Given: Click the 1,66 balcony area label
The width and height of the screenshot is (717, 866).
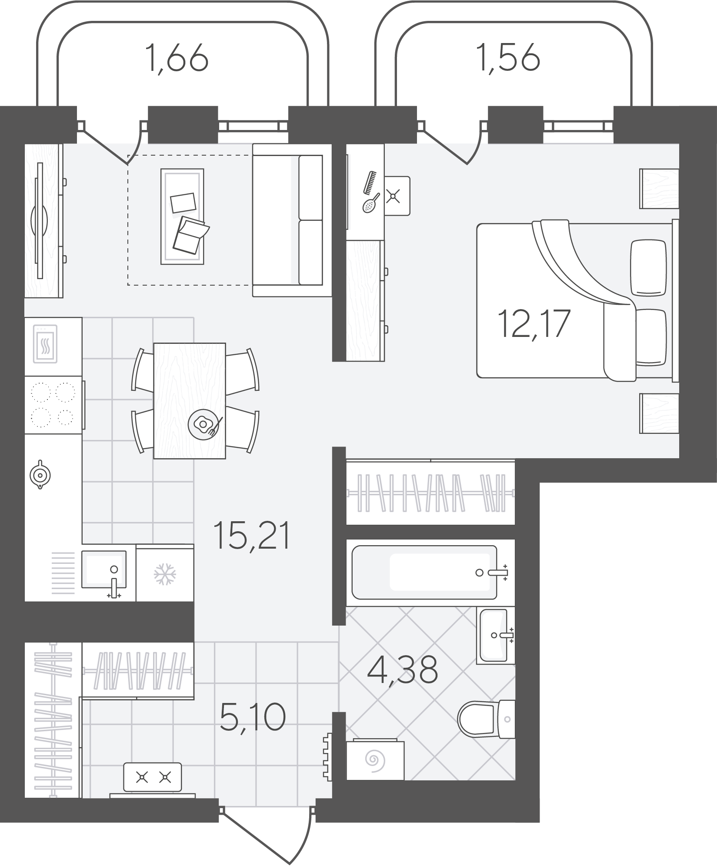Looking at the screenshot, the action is pyautogui.click(x=177, y=58).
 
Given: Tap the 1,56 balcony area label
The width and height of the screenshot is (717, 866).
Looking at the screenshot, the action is pyautogui.click(x=508, y=58).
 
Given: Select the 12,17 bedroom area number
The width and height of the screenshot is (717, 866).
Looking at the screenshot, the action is pyautogui.click(x=534, y=323).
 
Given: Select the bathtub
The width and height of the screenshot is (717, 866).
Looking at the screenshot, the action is pyautogui.click(x=424, y=572).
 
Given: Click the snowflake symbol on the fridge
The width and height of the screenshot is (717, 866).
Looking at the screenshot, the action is pyautogui.click(x=165, y=574).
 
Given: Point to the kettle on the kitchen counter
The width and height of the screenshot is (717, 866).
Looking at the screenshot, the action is pyautogui.click(x=40, y=475).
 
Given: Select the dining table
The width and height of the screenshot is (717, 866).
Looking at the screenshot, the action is pyautogui.click(x=190, y=400).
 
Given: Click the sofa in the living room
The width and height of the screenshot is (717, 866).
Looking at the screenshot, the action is pyautogui.click(x=292, y=220).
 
